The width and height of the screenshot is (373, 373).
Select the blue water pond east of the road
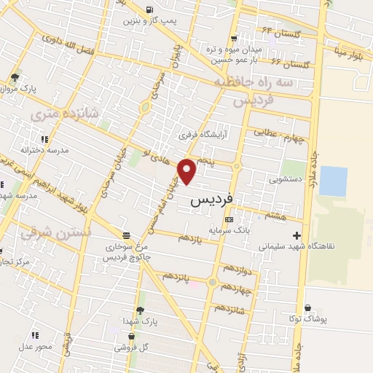333,181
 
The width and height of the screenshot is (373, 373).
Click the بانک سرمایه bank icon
229,219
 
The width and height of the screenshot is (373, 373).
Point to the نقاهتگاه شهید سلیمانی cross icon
296,235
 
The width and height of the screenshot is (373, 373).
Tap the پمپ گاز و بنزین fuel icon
149,10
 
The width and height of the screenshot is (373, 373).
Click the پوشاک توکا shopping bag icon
309,309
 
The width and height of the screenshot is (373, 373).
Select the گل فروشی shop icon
131,337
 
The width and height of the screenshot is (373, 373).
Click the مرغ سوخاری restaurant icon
127,235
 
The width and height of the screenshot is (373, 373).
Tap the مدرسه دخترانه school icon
44,138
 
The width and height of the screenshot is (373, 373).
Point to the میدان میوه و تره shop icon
233,39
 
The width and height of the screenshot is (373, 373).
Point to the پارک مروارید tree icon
15,77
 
